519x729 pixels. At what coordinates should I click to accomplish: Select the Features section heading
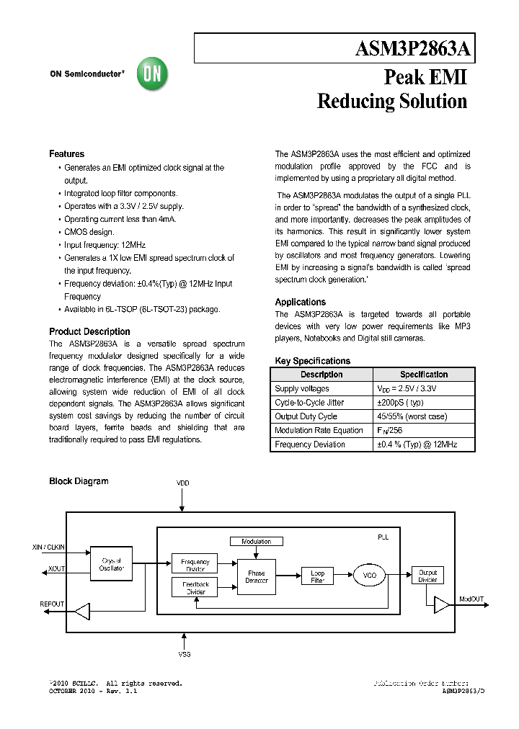tap(66, 154)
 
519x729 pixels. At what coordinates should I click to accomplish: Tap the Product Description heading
tap(89, 331)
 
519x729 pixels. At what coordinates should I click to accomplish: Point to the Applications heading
tap(300, 302)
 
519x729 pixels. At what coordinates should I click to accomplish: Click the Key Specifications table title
tap(312, 361)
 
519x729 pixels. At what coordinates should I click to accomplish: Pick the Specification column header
tap(424, 375)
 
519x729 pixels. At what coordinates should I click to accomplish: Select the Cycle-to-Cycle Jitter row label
tap(309, 403)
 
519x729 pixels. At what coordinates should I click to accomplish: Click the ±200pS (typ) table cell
tap(401, 403)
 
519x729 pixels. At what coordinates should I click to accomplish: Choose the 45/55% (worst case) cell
tap(411, 416)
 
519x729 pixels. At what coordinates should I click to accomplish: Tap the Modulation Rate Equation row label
tap(319, 430)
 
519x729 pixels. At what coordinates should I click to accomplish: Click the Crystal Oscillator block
tap(112, 565)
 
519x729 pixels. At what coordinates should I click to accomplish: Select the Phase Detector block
tap(257, 577)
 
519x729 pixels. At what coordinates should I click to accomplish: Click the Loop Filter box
tap(317, 577)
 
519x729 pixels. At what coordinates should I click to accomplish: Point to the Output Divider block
tap(427, 576)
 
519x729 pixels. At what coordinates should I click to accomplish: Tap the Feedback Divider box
tap(195, 588)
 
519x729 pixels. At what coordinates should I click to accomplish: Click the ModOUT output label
tap(473, 599)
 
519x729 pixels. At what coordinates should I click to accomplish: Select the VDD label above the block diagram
tap(183, 483)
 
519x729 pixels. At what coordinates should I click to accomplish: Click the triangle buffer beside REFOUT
tap(82, 612)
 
